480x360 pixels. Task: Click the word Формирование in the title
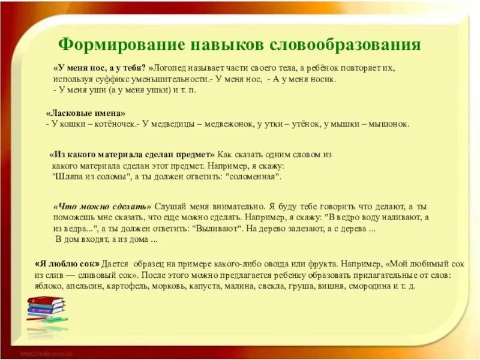tap(111, 46)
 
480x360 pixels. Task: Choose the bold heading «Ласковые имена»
tap(86, 113)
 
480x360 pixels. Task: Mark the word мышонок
tap(391, 124)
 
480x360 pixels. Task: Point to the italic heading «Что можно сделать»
tap(103, 206)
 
